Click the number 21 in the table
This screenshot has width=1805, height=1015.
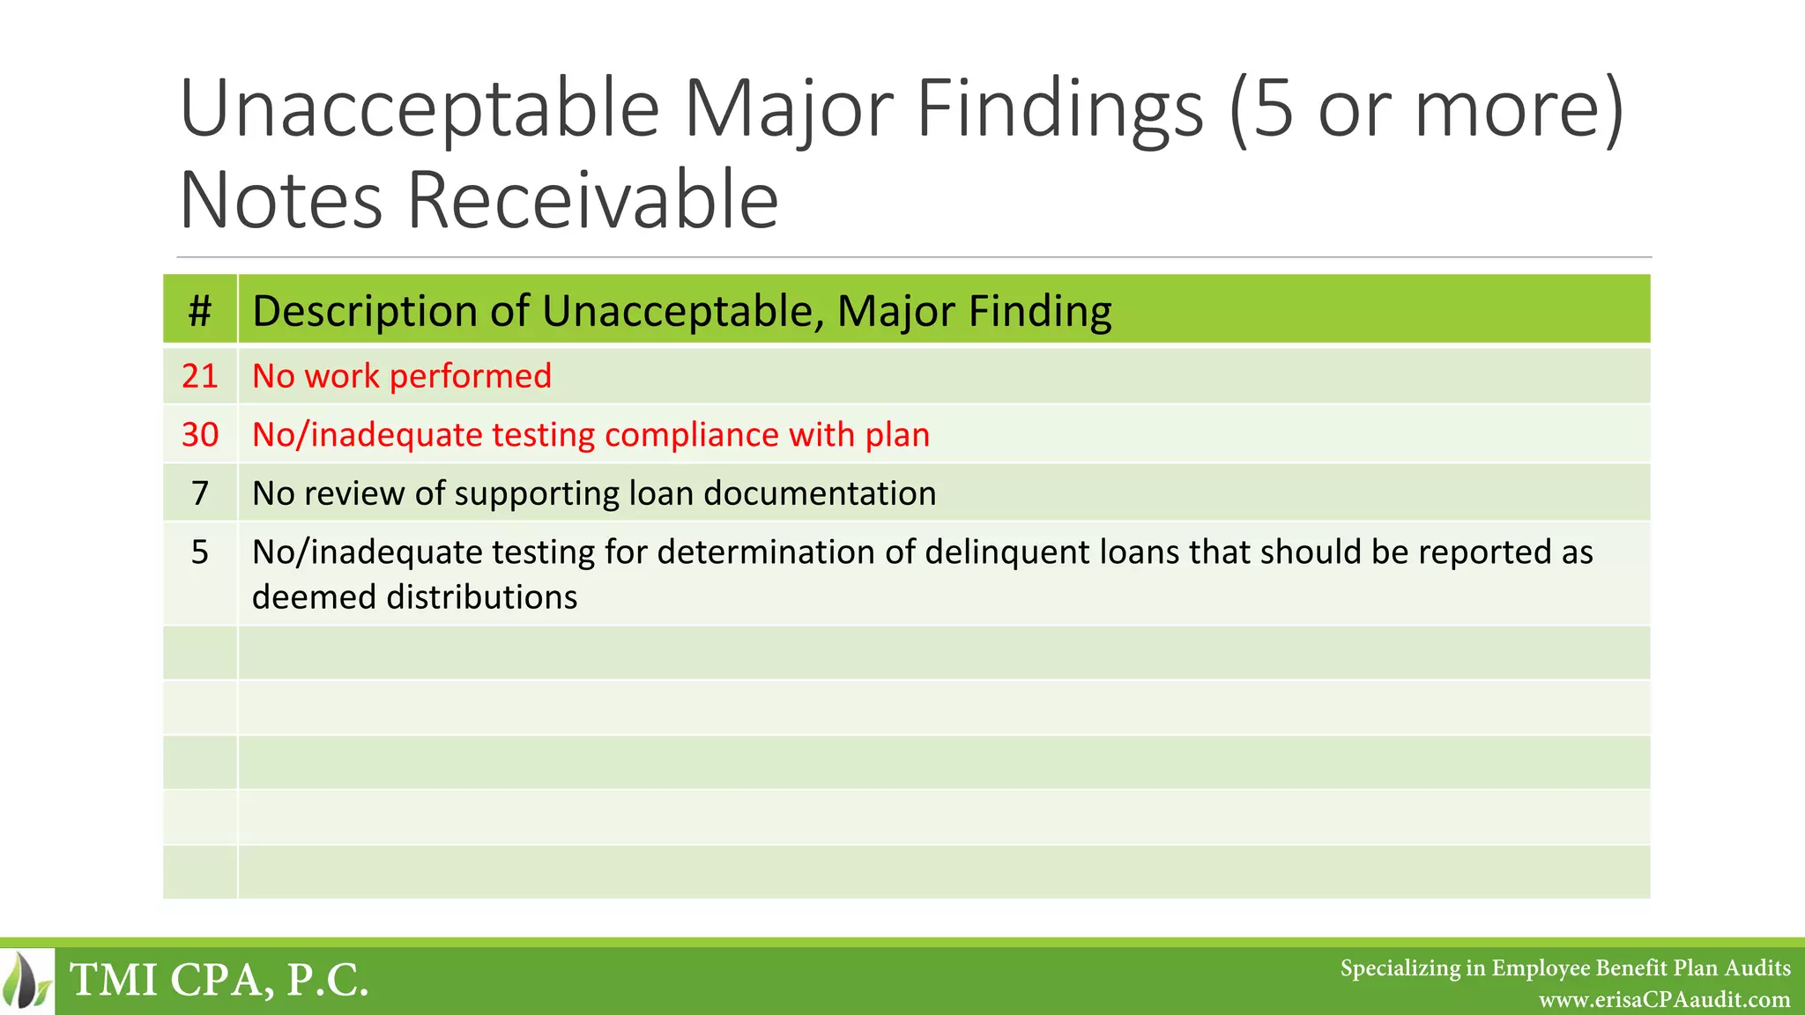pyautogui.click(x=200, y=376)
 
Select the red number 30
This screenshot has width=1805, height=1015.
pyautogui.click(x=200, y=434)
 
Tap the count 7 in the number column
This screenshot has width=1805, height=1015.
pyautogui.click(x=200, y=493)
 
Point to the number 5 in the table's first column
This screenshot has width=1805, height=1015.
pyautogui.click(x=200, y=552)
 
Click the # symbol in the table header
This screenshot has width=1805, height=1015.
pyautogui.click(x=200, y=311)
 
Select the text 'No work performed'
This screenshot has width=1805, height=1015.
pyautogui.click(x=402, y=376)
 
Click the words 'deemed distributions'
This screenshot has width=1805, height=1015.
pyautogui.click(x=414, y=597)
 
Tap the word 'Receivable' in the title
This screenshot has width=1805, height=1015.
pyautogui.click(x=592, y=201)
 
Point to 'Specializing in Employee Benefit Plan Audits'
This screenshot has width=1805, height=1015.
pyautogui.click(x=1565, y=968)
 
